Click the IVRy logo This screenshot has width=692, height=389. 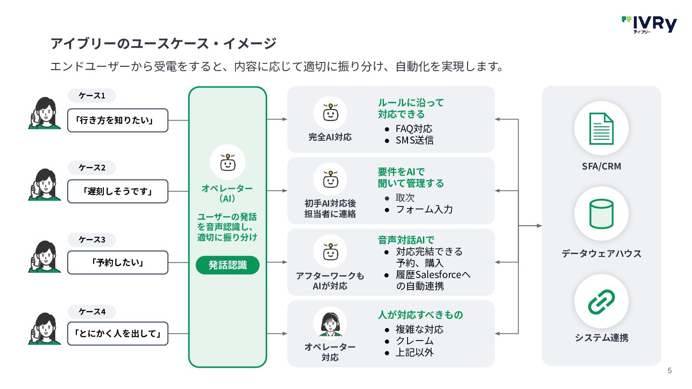649,24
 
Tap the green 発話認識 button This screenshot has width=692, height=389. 228,265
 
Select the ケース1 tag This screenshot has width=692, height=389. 92,96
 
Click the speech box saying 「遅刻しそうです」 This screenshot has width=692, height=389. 118,192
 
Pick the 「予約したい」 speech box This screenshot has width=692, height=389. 118,262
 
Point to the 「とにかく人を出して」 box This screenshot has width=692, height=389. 118,333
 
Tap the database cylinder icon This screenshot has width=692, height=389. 601,214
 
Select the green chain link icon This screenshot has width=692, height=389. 601,302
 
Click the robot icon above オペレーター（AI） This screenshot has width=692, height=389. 228,162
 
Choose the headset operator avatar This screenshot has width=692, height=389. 330,324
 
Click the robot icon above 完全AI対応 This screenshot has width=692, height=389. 331,112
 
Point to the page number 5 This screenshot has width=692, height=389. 669,370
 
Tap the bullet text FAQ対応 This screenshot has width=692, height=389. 414,129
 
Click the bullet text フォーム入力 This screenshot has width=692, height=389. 424,209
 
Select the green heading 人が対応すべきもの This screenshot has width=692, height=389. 420,315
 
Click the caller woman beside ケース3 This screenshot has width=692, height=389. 45,257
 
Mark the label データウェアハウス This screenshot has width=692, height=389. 602,254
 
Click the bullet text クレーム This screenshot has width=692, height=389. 415,341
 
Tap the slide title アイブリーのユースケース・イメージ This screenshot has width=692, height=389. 163,43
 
